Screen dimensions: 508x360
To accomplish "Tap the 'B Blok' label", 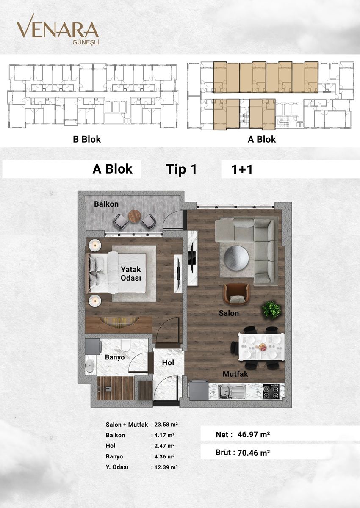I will (x=87, y=139).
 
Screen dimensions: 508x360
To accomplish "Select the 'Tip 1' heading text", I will (x=181, y=169).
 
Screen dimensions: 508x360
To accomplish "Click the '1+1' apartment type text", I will (x=242, y=170).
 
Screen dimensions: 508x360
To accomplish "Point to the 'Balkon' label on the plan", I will (x=106, y=204).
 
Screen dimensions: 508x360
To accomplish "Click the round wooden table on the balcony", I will (x=135, y=216).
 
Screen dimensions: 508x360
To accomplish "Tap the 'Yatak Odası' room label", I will (x=130, y=273).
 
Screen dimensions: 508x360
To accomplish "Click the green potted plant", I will (x=271, y=309).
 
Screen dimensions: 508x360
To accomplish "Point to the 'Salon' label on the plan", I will (x=229, y=313).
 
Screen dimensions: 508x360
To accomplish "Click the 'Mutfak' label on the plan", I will (x=235, y=374).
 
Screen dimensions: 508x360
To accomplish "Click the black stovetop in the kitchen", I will (x=271, y=391).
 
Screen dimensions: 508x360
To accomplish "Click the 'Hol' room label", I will (x=168, y=363).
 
